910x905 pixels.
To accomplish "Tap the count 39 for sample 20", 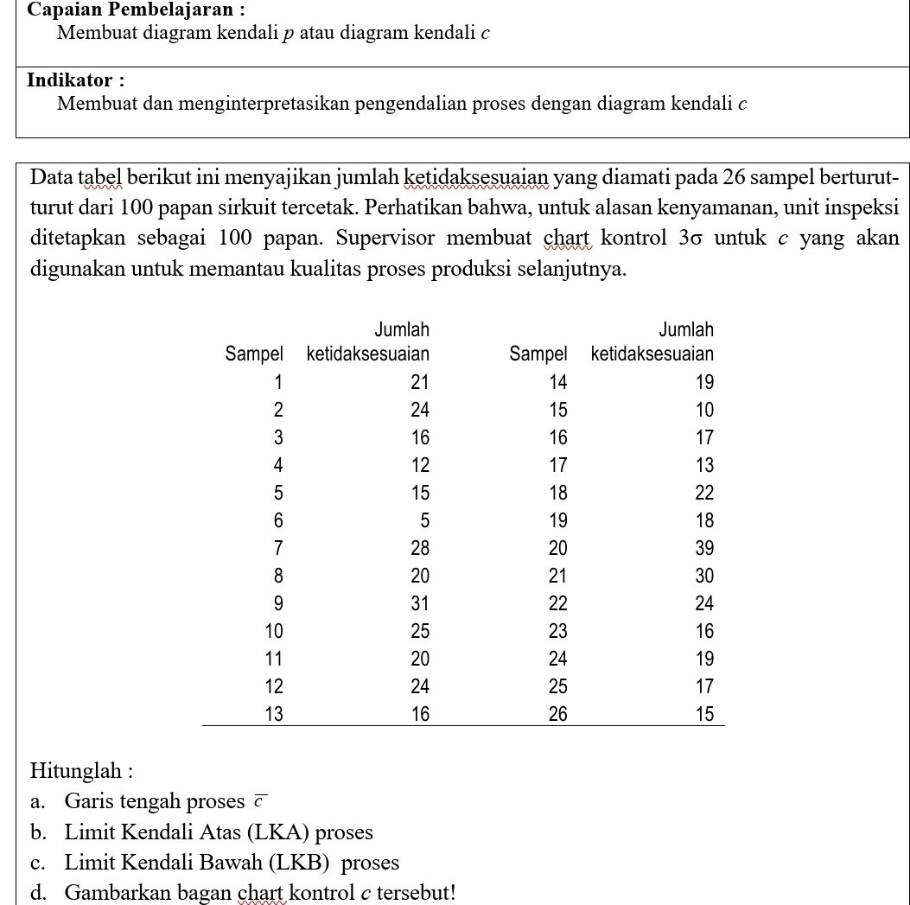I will pos(704,548).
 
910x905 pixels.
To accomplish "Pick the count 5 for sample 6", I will pos(424,520).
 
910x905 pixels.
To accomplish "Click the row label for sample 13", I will pos(273,714).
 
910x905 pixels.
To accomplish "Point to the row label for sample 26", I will pos(557,714).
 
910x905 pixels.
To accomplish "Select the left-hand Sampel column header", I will pos(253,354).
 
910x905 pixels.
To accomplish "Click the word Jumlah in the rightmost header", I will pos(686,329).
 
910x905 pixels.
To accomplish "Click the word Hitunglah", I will pos(78,770).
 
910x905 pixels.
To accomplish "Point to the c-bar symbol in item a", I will pos(260,800).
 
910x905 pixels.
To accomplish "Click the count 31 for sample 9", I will pos(420,603).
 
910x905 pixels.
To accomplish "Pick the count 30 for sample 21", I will pos(704,576).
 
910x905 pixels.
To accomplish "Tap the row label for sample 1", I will pos(278,382).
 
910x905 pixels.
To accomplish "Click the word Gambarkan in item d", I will pos(110,892).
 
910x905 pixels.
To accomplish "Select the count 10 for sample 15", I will pos(704,410).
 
